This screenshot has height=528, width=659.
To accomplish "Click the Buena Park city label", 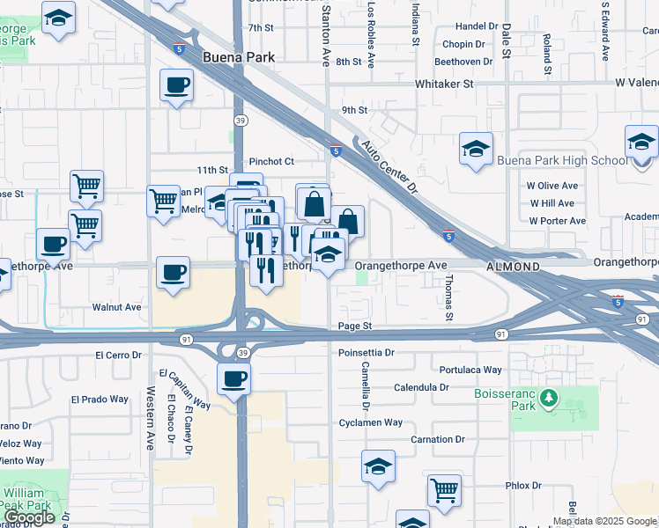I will coord(238,57).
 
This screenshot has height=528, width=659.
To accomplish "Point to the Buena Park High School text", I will coord(562,160).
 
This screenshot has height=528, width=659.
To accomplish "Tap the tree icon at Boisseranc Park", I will coord(550,399).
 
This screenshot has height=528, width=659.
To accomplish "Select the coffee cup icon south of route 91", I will coord(233,379).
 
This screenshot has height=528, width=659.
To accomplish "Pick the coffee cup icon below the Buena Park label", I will coord(176,86).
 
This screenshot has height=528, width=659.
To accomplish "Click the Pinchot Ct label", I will coord(271,162).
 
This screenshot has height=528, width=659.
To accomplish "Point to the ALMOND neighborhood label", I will coord(513,266).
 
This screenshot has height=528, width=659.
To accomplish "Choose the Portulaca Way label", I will coord(470,370).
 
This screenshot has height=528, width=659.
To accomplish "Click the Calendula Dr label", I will coord(420,387).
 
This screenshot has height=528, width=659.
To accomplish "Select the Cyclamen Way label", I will coord(371,423).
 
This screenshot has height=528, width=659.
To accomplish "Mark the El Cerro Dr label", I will coord(118,356).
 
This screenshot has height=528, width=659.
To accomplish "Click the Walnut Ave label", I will coord(116,308).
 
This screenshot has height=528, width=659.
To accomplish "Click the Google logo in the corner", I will coord(29,517).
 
